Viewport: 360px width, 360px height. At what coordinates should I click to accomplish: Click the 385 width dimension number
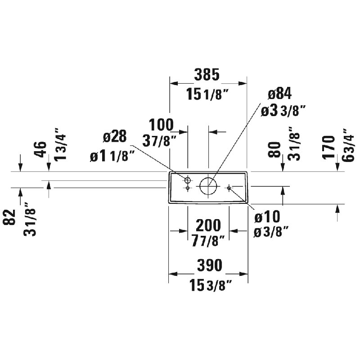[x=207, y=75]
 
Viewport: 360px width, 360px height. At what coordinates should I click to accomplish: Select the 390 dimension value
[x=210, y=265]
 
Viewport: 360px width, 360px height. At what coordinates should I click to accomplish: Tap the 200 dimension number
[x=208, y=225]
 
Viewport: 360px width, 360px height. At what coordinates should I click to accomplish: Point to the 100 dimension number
[x=161, y=125]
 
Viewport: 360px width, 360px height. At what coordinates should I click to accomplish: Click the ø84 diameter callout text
[x=279, y=94]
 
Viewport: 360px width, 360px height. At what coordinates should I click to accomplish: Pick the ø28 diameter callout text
[x=115, y=136]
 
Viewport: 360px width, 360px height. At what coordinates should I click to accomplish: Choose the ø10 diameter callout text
[x=267, y=216]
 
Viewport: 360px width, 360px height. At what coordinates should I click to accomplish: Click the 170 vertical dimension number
[x=329, y=147]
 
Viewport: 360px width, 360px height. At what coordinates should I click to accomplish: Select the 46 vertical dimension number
[x=40, y=149]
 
